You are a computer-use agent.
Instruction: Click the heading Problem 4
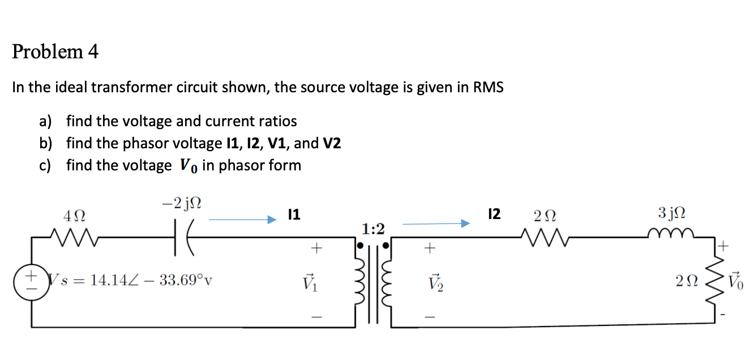[55, 52]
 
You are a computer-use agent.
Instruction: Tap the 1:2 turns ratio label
[373, 229]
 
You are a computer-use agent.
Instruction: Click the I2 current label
[494, 215]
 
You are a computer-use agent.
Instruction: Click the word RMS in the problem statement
[488, 88]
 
